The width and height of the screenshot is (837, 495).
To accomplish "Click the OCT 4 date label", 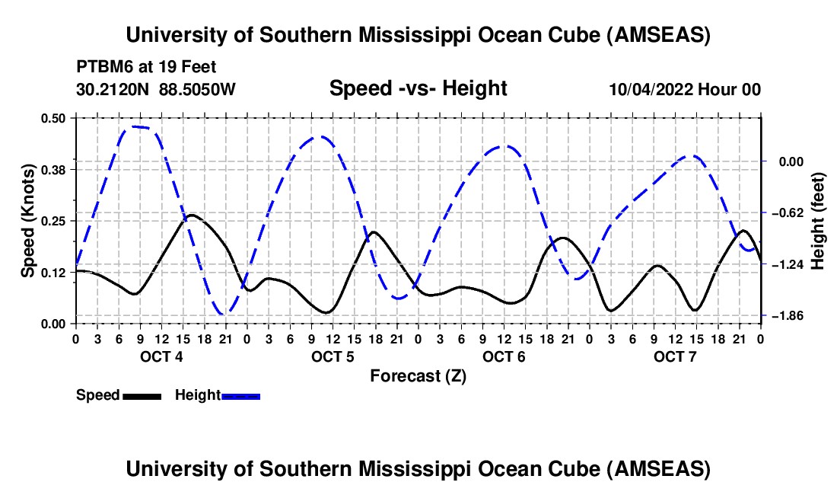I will (x=161, y=356).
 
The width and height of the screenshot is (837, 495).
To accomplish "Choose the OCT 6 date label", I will (x=503, y=356).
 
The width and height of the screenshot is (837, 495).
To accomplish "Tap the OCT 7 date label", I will (x=674, y=356).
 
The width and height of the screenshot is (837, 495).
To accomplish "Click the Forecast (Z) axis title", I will (x=418, y=375).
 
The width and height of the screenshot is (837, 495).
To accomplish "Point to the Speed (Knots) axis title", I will (x=27, y=221).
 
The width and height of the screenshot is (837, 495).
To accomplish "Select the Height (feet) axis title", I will (x=818, y=221).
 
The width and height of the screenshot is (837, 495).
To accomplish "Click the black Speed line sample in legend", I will (x=142, y=395).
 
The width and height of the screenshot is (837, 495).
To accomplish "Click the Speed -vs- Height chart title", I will (x=418, y=88).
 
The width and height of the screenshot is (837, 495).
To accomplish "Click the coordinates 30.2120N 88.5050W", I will (x=156, y=89).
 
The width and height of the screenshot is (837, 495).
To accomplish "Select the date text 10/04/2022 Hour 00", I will (x=685, y=89).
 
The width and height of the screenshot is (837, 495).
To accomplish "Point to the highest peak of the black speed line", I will (x=192, y=215).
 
